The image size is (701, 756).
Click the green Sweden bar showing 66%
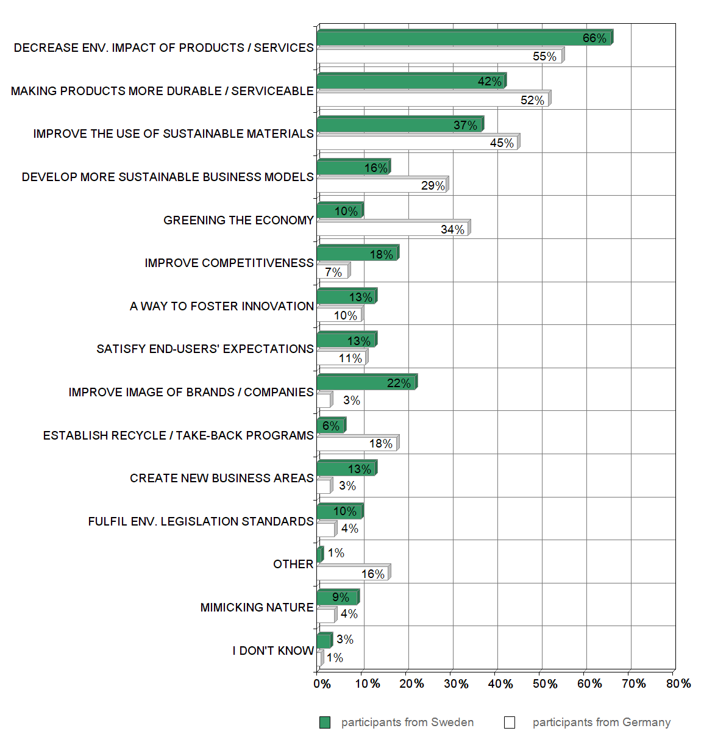pos(463,38)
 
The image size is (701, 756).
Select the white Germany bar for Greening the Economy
pos(393,229)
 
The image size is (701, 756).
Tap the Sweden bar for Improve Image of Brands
pos(366,383)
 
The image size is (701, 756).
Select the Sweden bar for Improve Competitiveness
pos(357,254)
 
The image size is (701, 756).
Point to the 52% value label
pos(532,100)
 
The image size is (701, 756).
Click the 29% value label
pos(433,185)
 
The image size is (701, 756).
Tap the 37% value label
pos(465,125)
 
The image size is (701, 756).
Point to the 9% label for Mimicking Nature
pos(341,597)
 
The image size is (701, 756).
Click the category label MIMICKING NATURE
pos(257,607)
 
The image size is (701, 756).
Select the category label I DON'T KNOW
pos(272,651)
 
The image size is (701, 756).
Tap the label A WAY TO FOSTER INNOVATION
pos(221,306)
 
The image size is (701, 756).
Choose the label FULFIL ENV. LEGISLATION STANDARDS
pos(201,521)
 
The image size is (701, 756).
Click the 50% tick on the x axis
pos(544,683)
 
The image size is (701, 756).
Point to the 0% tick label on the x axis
pos(322,683)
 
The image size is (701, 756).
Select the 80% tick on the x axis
pos(678,683)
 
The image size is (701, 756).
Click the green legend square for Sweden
pos(325,722)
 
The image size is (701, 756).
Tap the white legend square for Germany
pos(510,722)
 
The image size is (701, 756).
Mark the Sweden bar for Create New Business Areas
pos(346,469)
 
